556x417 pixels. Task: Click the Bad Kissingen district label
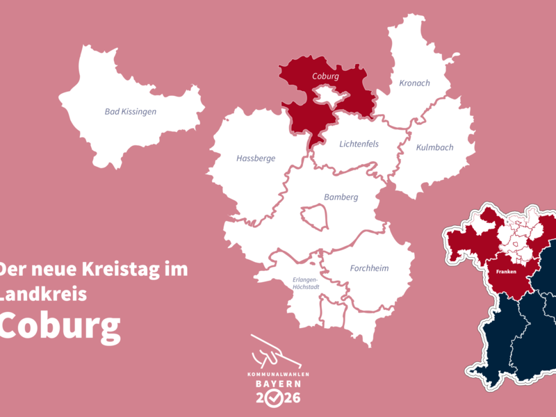coord(130,111)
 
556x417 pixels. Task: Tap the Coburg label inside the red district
coord(325,76)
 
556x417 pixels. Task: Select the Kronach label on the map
coord(414,83)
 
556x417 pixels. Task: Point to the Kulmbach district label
coord(434,147)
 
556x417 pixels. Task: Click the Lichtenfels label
coord(359,145)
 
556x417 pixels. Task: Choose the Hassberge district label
coord(256,158)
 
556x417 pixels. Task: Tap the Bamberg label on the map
coord(341,197)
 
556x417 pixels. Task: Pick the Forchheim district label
coord(369,268)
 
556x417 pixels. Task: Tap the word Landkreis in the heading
coord(43,294)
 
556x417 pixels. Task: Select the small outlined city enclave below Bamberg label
coord(314,217)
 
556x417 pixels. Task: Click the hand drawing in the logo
coord(275,352)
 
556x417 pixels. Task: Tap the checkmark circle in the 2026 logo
coord(277,398)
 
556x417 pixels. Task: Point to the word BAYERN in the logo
coord(277,384)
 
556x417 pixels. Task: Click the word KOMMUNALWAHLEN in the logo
coord(277,375)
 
